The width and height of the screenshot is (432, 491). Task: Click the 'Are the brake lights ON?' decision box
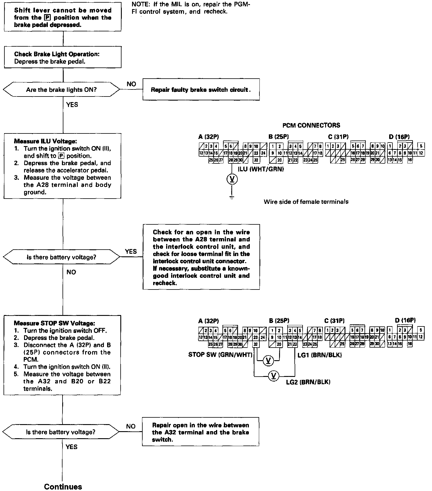click(x=61, y=90)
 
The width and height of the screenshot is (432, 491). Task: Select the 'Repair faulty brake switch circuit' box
click(x=201, y=89)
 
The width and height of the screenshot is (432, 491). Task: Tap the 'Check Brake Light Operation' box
click(x=63, y=58)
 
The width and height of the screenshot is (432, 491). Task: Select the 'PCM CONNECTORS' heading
click(x=311, y=125)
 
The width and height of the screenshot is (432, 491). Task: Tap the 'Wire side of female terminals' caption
click(x=306, y=202)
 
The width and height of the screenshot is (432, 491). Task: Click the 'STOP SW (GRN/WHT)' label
click(x=220, y=355)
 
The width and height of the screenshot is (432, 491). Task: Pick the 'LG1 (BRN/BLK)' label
click(x=320, y=355)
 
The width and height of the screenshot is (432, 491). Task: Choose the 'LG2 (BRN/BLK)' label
click(x=308, y=382)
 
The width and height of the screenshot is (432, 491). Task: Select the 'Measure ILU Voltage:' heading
click(x=45, y=141)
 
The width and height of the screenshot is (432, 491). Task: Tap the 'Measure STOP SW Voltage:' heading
click(x=54, y=323)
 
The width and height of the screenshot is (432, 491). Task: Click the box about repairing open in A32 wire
click(x=200, y=432)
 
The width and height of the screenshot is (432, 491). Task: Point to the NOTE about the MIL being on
click(x=191, y=8)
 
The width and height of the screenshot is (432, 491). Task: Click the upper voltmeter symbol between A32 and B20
click(x=268, y=360)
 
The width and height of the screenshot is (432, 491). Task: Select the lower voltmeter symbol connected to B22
click(x=274, y=376)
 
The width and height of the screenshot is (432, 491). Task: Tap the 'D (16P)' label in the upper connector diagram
click(x=399, y=136)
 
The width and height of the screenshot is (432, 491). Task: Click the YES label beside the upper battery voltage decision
click(x=131, y=251)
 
